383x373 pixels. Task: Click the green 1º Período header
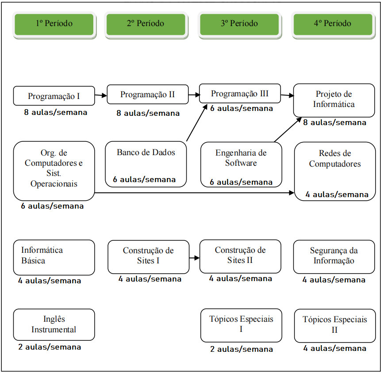(54, 24)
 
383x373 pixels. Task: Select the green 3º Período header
(239, 24)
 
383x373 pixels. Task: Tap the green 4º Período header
(333, 24)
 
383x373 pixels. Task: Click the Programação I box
(54, 96)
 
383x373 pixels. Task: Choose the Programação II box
(147, 95)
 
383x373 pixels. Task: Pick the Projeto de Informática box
(334, 99)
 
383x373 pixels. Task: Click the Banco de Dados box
(146, 159)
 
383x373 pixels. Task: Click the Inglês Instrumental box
(54, 324)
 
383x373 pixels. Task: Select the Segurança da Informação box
(334, 256)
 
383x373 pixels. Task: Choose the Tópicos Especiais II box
(335, 325)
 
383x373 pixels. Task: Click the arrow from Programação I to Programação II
(101, 95)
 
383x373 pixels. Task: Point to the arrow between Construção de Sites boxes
(194, 258)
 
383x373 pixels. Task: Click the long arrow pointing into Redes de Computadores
(195, 193)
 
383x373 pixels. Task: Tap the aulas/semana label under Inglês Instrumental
(50, 347)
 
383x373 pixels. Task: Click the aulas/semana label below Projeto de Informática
(334, 122)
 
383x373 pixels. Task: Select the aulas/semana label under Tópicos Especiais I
(241, 349)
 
